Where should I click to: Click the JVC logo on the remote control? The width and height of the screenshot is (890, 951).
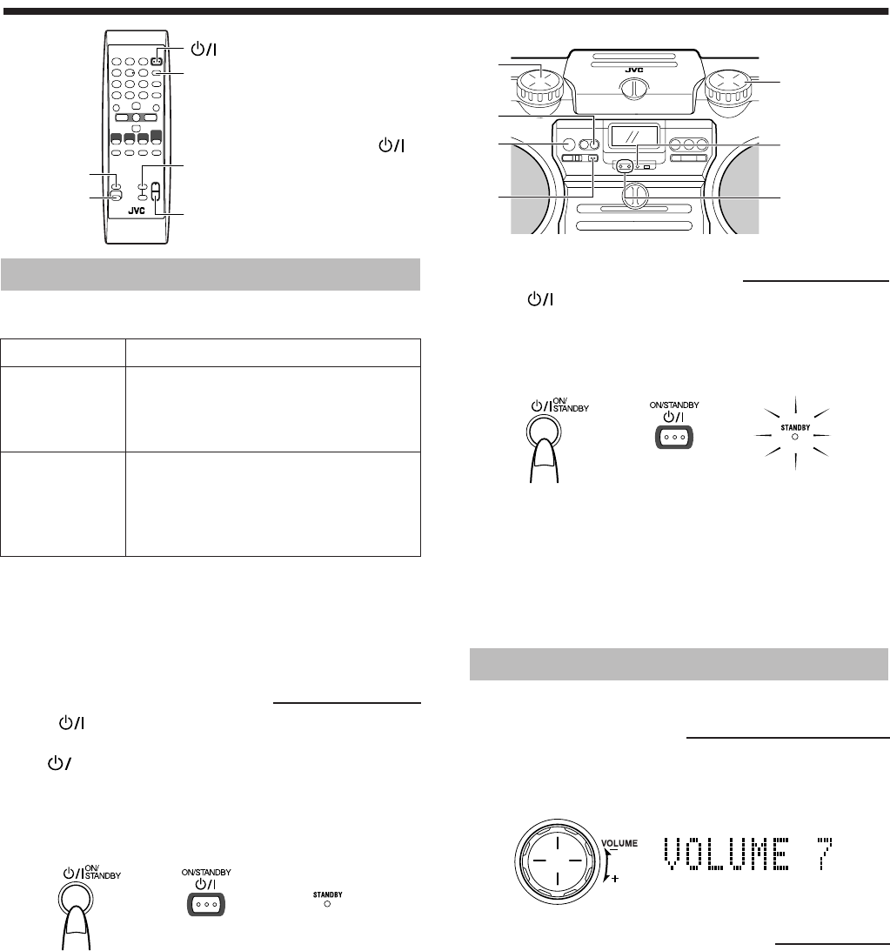coord(137,211)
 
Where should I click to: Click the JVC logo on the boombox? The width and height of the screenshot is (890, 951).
coord(634,70)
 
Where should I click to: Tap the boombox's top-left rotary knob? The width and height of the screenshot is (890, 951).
coord(539,86)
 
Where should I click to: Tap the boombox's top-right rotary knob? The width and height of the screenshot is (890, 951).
coord(729,86)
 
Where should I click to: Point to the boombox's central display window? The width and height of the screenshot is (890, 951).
coord(633,136)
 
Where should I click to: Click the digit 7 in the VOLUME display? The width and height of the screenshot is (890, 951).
coord(824,854)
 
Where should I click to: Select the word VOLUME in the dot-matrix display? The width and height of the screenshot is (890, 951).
coord(726,854)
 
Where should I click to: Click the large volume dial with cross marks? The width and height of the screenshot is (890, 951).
coord(557,861)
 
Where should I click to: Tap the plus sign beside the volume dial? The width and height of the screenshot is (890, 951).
coord(615,878)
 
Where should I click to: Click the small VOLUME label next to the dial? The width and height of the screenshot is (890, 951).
coord(619,843)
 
